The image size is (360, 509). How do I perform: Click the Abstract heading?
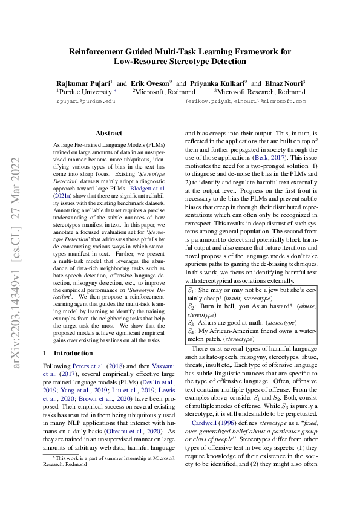pos(109,133)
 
